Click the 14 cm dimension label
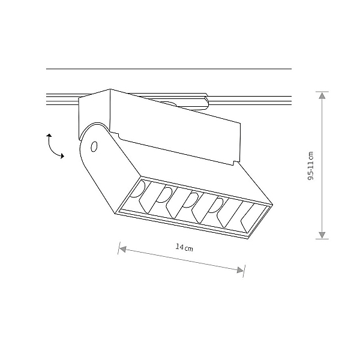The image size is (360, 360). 184,247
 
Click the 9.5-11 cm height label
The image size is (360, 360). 311,166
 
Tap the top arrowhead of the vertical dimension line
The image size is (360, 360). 322,95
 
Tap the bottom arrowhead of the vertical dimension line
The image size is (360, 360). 322,235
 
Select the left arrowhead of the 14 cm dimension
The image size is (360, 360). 123,249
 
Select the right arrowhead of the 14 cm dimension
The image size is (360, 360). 240,270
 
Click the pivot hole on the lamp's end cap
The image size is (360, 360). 94,146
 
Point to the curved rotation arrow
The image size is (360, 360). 51,147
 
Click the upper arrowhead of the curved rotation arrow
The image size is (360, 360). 49,136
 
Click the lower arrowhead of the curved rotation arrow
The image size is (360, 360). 62,156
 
